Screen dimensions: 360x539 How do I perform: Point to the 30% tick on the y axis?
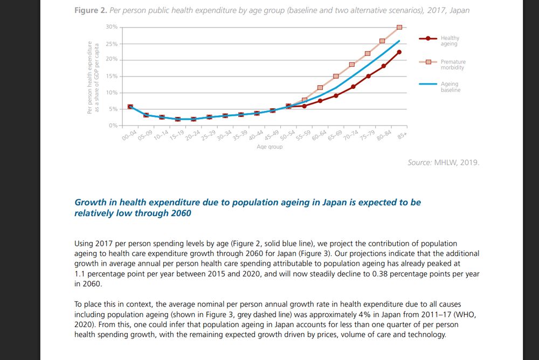(x=112, y=27)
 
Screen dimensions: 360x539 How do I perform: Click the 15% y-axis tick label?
(x=112, y=77)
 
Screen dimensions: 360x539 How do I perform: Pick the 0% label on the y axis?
(x=113, y=126)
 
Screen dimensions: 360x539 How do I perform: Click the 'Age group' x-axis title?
(x=269, y=147)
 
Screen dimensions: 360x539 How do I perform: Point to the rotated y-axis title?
(x=93, y=77)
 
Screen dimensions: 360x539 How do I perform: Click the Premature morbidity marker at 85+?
(x=399, y=27)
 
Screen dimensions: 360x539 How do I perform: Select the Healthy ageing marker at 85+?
(x=399, y=52)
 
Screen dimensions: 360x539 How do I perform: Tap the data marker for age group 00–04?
(x=130, y=107)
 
